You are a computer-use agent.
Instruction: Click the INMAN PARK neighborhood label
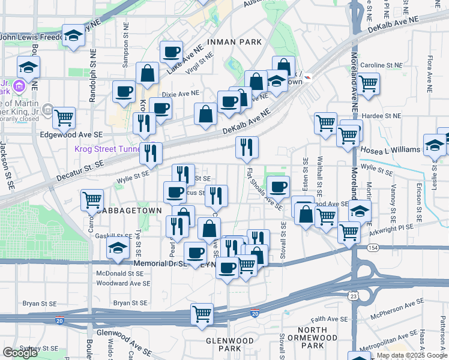coord(234,42)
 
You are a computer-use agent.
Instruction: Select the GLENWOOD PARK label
coord(230,344)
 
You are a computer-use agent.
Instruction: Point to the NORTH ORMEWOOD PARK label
coord(319,338)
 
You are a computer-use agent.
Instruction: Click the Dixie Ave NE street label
coord(180,94)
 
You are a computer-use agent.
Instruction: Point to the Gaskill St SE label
coord(112,236)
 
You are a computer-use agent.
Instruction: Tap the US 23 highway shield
coord(354,296)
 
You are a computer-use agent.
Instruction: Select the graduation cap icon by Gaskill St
coord(117,247)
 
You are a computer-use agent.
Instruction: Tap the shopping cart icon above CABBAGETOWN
coord(92,200)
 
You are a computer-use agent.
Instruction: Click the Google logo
coord(20,353)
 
